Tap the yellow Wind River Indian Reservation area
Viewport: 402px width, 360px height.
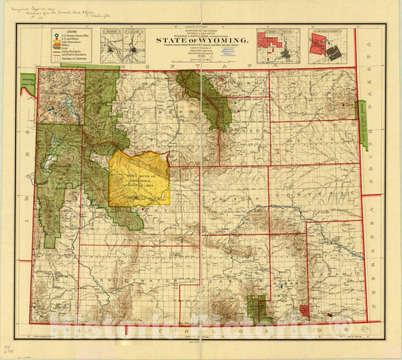pos(139,178)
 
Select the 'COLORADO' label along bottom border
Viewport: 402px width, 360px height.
pos(272,329)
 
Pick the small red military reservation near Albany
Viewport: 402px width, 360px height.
pos(303,309)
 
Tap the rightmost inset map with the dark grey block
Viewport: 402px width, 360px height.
pos(330,45)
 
